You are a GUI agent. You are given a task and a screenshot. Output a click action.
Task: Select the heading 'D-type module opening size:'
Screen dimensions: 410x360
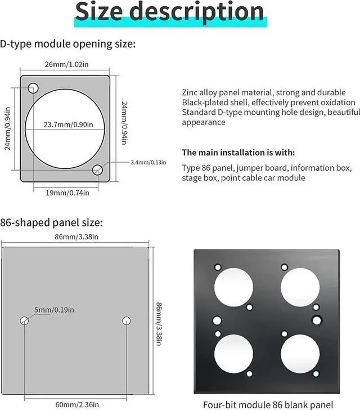click(67, 44)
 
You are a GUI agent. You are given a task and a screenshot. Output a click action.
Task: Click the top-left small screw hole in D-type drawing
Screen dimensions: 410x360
click(33, 87)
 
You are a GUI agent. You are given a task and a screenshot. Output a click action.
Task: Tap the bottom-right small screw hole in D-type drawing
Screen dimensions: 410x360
click(98, 169)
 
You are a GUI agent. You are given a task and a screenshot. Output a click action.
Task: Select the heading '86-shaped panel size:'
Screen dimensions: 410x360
click(51, 222)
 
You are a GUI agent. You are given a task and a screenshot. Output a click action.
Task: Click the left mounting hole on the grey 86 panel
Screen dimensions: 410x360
click(25, 321)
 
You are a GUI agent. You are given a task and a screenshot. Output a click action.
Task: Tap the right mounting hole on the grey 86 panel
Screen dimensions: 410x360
click(126, 321)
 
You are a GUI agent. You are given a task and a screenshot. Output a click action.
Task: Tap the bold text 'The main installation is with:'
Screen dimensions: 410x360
click(238, 153)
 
